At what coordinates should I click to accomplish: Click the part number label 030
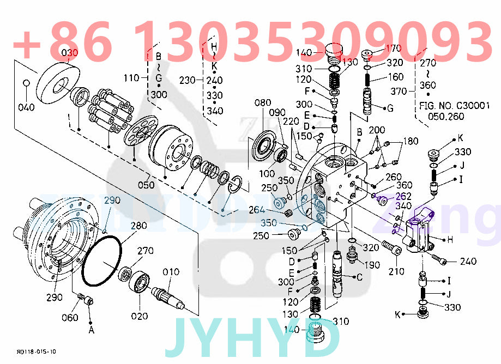coord(70,52)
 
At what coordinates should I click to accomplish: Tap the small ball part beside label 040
coord(26,83)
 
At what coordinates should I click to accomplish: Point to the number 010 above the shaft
coord(171,272)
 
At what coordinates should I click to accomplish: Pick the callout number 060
coord(70,318)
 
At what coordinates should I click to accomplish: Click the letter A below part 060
coord(90,329)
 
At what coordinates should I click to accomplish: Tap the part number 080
coord(263,102)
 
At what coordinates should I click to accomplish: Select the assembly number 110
coord(131,78)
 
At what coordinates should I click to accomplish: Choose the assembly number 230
coord(188,80)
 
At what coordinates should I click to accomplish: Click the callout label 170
coord(393,48)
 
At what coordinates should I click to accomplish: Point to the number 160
coord(395,77)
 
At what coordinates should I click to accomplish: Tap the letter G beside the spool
coord(389,108)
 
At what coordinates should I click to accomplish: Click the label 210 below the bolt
coord(396,271)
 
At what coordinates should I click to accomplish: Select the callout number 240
coord(468,262)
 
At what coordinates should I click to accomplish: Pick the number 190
coord(372,265)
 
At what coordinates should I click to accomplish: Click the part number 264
coord(257,210)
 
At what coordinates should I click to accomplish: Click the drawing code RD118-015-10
coord(36,352)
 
